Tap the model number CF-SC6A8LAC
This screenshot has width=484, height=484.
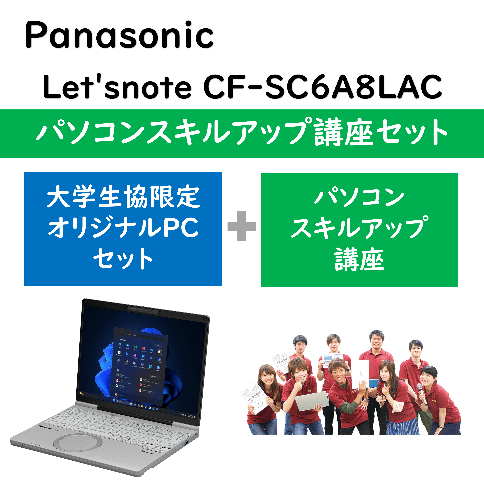(322, 86)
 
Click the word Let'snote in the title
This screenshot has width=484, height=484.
(117, 86)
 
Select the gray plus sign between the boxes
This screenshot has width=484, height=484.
(242, 226)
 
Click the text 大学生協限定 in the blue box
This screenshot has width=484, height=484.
(123, 197)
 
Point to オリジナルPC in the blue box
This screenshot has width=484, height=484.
(123, 228)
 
